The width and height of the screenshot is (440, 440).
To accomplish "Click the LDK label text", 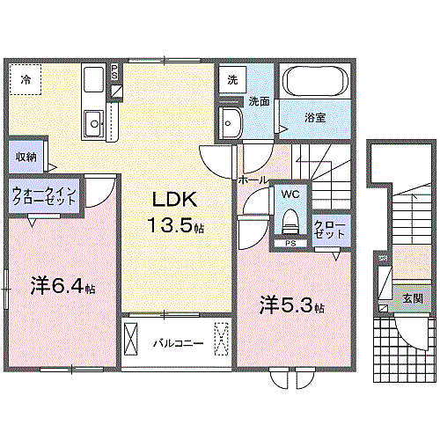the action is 175,200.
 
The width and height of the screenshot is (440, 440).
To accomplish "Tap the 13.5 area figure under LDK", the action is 171,225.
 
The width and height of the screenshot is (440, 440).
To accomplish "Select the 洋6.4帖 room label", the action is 62,285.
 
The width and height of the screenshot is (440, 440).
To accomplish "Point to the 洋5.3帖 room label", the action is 292,305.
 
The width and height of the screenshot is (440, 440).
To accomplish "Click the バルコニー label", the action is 178,343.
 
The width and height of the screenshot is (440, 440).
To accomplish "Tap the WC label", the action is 290,194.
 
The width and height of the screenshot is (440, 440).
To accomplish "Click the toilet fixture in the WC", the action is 290,222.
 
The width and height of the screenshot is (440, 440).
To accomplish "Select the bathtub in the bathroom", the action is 315,81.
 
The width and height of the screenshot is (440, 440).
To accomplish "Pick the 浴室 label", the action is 315,118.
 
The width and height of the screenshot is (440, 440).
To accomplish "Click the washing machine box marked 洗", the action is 232,79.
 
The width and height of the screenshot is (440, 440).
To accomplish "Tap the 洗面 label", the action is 259,101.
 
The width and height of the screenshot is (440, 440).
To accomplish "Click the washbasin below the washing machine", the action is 231,122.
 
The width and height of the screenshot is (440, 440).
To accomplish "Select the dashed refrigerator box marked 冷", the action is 26,79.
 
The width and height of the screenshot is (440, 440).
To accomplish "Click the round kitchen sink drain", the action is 94,124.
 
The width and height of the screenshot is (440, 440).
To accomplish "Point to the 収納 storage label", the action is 26,157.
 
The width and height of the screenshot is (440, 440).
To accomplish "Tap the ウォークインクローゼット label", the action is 44,196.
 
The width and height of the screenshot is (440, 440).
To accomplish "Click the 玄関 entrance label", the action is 413,298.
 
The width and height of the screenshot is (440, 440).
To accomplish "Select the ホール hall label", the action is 253,180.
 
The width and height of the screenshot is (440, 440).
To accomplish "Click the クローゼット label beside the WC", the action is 329,230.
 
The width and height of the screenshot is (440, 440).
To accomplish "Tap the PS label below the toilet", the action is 290,244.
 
